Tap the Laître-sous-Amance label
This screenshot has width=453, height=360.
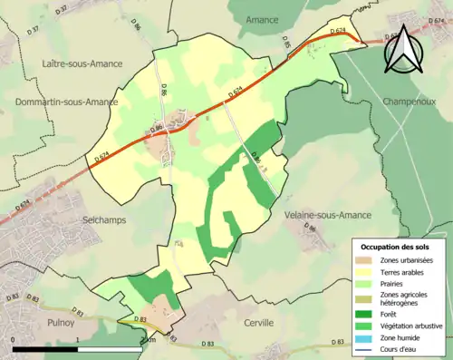pyautogui.click(x=79, y=63)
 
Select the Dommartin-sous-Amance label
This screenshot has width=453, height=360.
pyautogui.click(x=65, y=102)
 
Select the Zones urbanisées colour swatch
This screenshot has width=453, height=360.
pyautogui.click(x=367, y=261)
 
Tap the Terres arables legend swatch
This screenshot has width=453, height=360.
pyautogui.click(x=367, y=271)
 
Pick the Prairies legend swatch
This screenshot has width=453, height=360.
pyautogui.click(x=367, y=282)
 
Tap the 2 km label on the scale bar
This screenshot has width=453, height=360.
pyautogui.click(x=149, y=341)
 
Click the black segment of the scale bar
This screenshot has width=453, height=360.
pyautogui.click(x=46, y=349)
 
